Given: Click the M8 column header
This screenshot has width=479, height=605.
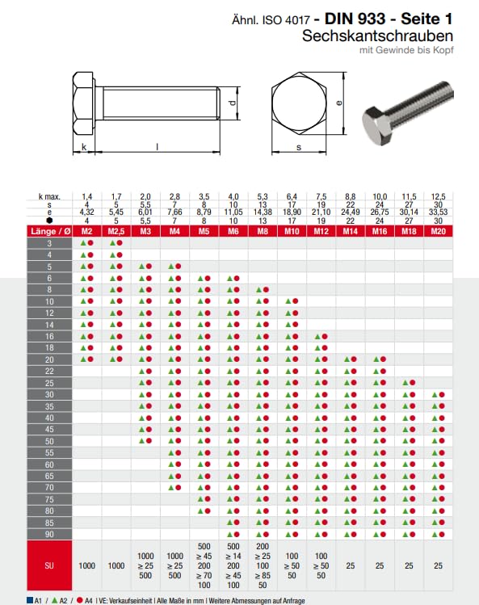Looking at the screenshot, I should click(263, 232).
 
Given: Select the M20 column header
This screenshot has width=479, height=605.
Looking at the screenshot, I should click(439, 232).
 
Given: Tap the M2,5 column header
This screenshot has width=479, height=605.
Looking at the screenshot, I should click(116, 232).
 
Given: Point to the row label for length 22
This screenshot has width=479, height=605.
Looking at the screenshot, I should click(50, 371).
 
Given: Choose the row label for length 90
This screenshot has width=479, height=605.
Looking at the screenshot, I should click(50, 534).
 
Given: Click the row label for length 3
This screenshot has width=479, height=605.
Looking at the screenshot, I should click(50, 242).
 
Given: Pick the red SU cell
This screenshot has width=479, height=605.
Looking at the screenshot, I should click(50, 566).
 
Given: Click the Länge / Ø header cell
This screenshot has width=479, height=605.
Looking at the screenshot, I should click(50, 232).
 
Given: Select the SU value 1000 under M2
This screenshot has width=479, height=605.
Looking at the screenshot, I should click(86, 566).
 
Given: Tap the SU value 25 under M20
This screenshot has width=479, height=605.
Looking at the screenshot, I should click(439, 566).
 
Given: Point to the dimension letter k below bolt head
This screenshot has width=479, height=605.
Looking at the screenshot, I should click(83, 147).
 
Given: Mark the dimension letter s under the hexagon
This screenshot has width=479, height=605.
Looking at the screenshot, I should click(298, 147).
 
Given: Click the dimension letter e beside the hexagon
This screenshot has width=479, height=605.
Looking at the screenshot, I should click(339, 103).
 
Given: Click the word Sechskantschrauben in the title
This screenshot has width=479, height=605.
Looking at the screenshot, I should click(377, 36).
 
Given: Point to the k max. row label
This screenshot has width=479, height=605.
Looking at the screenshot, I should click(50, 196).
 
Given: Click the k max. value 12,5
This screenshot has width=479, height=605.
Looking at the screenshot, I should click(439, 196).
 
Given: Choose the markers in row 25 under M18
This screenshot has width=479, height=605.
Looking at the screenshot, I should click(410, 382).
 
